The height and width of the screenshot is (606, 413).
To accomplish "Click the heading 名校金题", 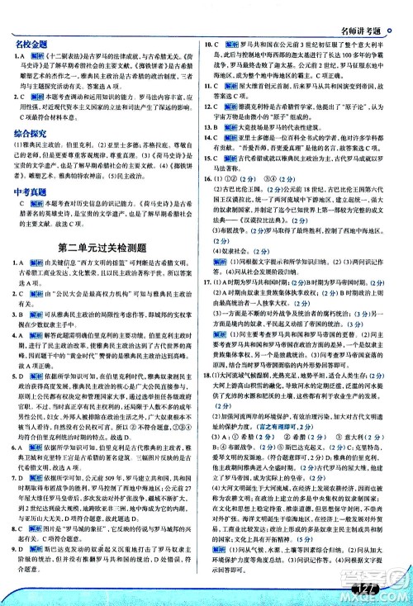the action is pos(28,40).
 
